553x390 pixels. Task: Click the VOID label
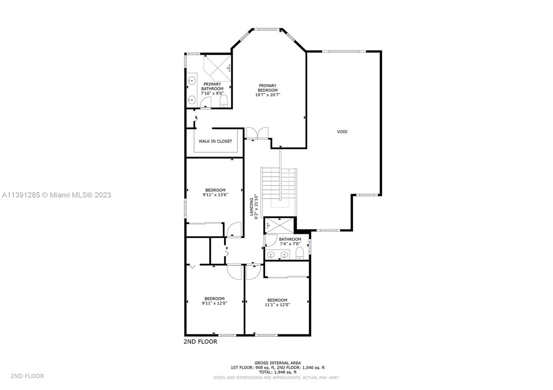coord(342,131)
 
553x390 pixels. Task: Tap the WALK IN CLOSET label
coord(215,141)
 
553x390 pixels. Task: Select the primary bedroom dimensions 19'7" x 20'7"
coord(268,95)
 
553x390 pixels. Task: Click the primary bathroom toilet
coord(224,101)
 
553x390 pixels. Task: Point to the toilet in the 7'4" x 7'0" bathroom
coord(299,253)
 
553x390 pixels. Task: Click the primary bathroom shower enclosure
coord(217,68)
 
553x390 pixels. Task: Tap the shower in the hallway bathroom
coord(279,225)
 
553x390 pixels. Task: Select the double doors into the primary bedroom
coord(257,133)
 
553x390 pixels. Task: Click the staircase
coord(279,187)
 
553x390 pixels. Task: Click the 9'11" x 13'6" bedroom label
coord(215,192)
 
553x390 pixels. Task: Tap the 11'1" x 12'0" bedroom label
coord(277,302)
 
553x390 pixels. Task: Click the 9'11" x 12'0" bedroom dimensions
coord(215,303)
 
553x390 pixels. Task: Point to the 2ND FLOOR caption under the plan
coord(200,341)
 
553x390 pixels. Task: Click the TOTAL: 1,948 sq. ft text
coord(278,372)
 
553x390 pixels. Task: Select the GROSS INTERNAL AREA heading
coord(278,363)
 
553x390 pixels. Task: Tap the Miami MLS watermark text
coord(57,195)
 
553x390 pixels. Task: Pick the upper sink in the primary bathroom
coord(191,80)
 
